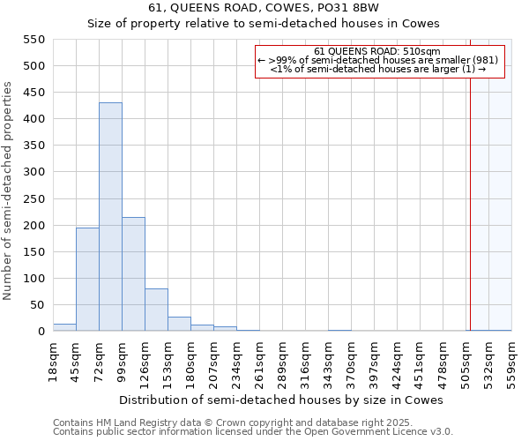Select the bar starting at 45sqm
coord(87,279)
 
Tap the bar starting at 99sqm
coord(133,273)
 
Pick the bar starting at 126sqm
coord(156,310)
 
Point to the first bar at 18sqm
coord(64,327)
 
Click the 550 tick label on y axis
coord(34,40)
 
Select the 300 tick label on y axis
coord(34,172)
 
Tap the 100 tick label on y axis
coord(34,279)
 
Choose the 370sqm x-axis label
coord(351,362)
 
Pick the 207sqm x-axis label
coord(213,362)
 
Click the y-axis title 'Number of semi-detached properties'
coord(9,191)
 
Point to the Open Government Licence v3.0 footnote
coord(253,432)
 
